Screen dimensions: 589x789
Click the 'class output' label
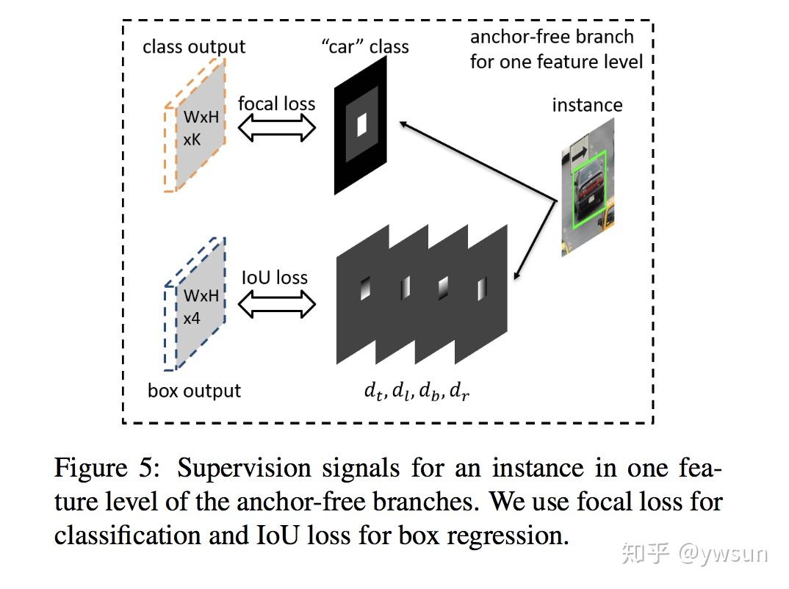pyautogui.click(x=194, y=47)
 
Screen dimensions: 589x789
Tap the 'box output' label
pyautogui.click(x=194, y=390)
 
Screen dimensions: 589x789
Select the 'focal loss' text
pyautogui.click(x=276, y=104)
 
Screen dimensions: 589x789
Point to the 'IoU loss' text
pyautogui.click(x=275, y=278)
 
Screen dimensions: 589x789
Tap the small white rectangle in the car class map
pyautogui.click(x=361, y=126)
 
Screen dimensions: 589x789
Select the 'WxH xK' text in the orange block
pyautogui.click(x=201, y=127)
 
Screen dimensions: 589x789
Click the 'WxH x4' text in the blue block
pyautogui.click(x=201, y=306)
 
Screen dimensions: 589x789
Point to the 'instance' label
pyautogui.click(x=587, y=105)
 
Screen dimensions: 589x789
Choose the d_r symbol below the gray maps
pyautogui.click(x=459, y=391)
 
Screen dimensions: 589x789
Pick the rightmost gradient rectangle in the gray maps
pyautogui.click(x=481, y=289)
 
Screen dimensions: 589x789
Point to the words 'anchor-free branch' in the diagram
pyautogui.click(x=552, y=37)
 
